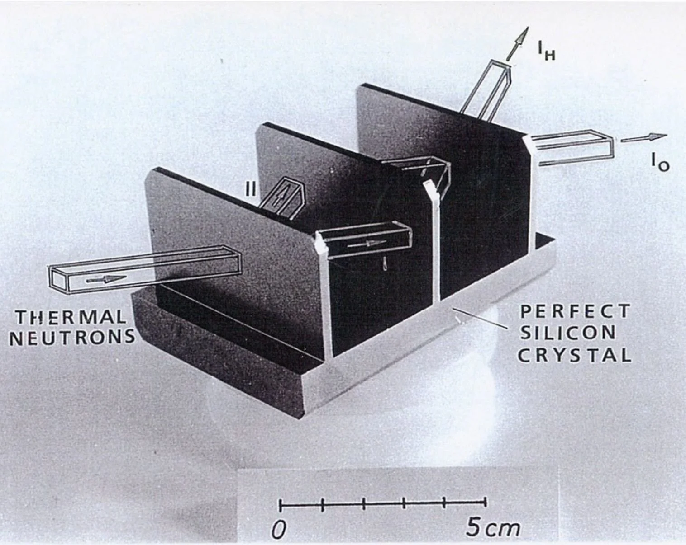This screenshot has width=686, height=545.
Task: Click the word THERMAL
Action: pos(71,317)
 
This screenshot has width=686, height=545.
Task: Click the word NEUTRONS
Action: pos(72,337)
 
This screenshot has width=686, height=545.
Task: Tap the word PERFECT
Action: pos(575,311)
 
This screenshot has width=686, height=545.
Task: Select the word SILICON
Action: pos(568,333)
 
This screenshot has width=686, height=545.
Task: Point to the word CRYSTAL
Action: pos(574,355)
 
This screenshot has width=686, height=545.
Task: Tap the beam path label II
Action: pos(251,189)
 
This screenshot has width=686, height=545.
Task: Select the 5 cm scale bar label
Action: pos(493,528)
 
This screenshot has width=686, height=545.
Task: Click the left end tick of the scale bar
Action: pos(281,503)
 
